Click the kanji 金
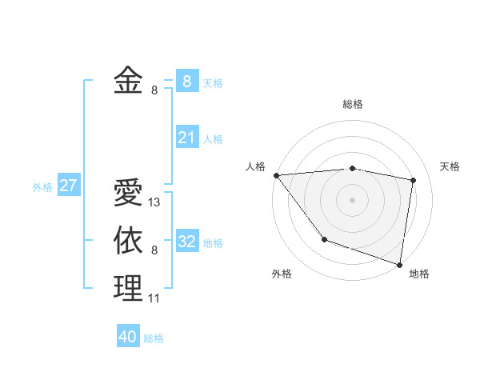[x=128, y=81]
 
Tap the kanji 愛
[x=128, y=194]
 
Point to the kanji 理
[x=128, y=288]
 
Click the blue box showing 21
[x=186, y=138]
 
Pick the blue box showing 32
[x=186, y=242]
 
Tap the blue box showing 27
[x=68, y=186]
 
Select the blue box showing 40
[x=128, y=337]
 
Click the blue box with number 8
[x=186, y=81]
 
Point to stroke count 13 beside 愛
[x=154, y=202]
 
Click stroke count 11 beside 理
[x=154, y=298]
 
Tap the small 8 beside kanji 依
[x=154, y=250]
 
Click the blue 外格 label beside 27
[x=42, y=187]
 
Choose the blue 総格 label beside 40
[x=154, y=338]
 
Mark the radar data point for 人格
[x=276, y=175]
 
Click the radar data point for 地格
[x=400, y=264]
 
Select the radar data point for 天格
[x=414, y=180]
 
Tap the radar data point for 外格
[x=324, y=239]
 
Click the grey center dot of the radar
[x=352, y=199]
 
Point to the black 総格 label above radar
[x=352, y=104]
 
